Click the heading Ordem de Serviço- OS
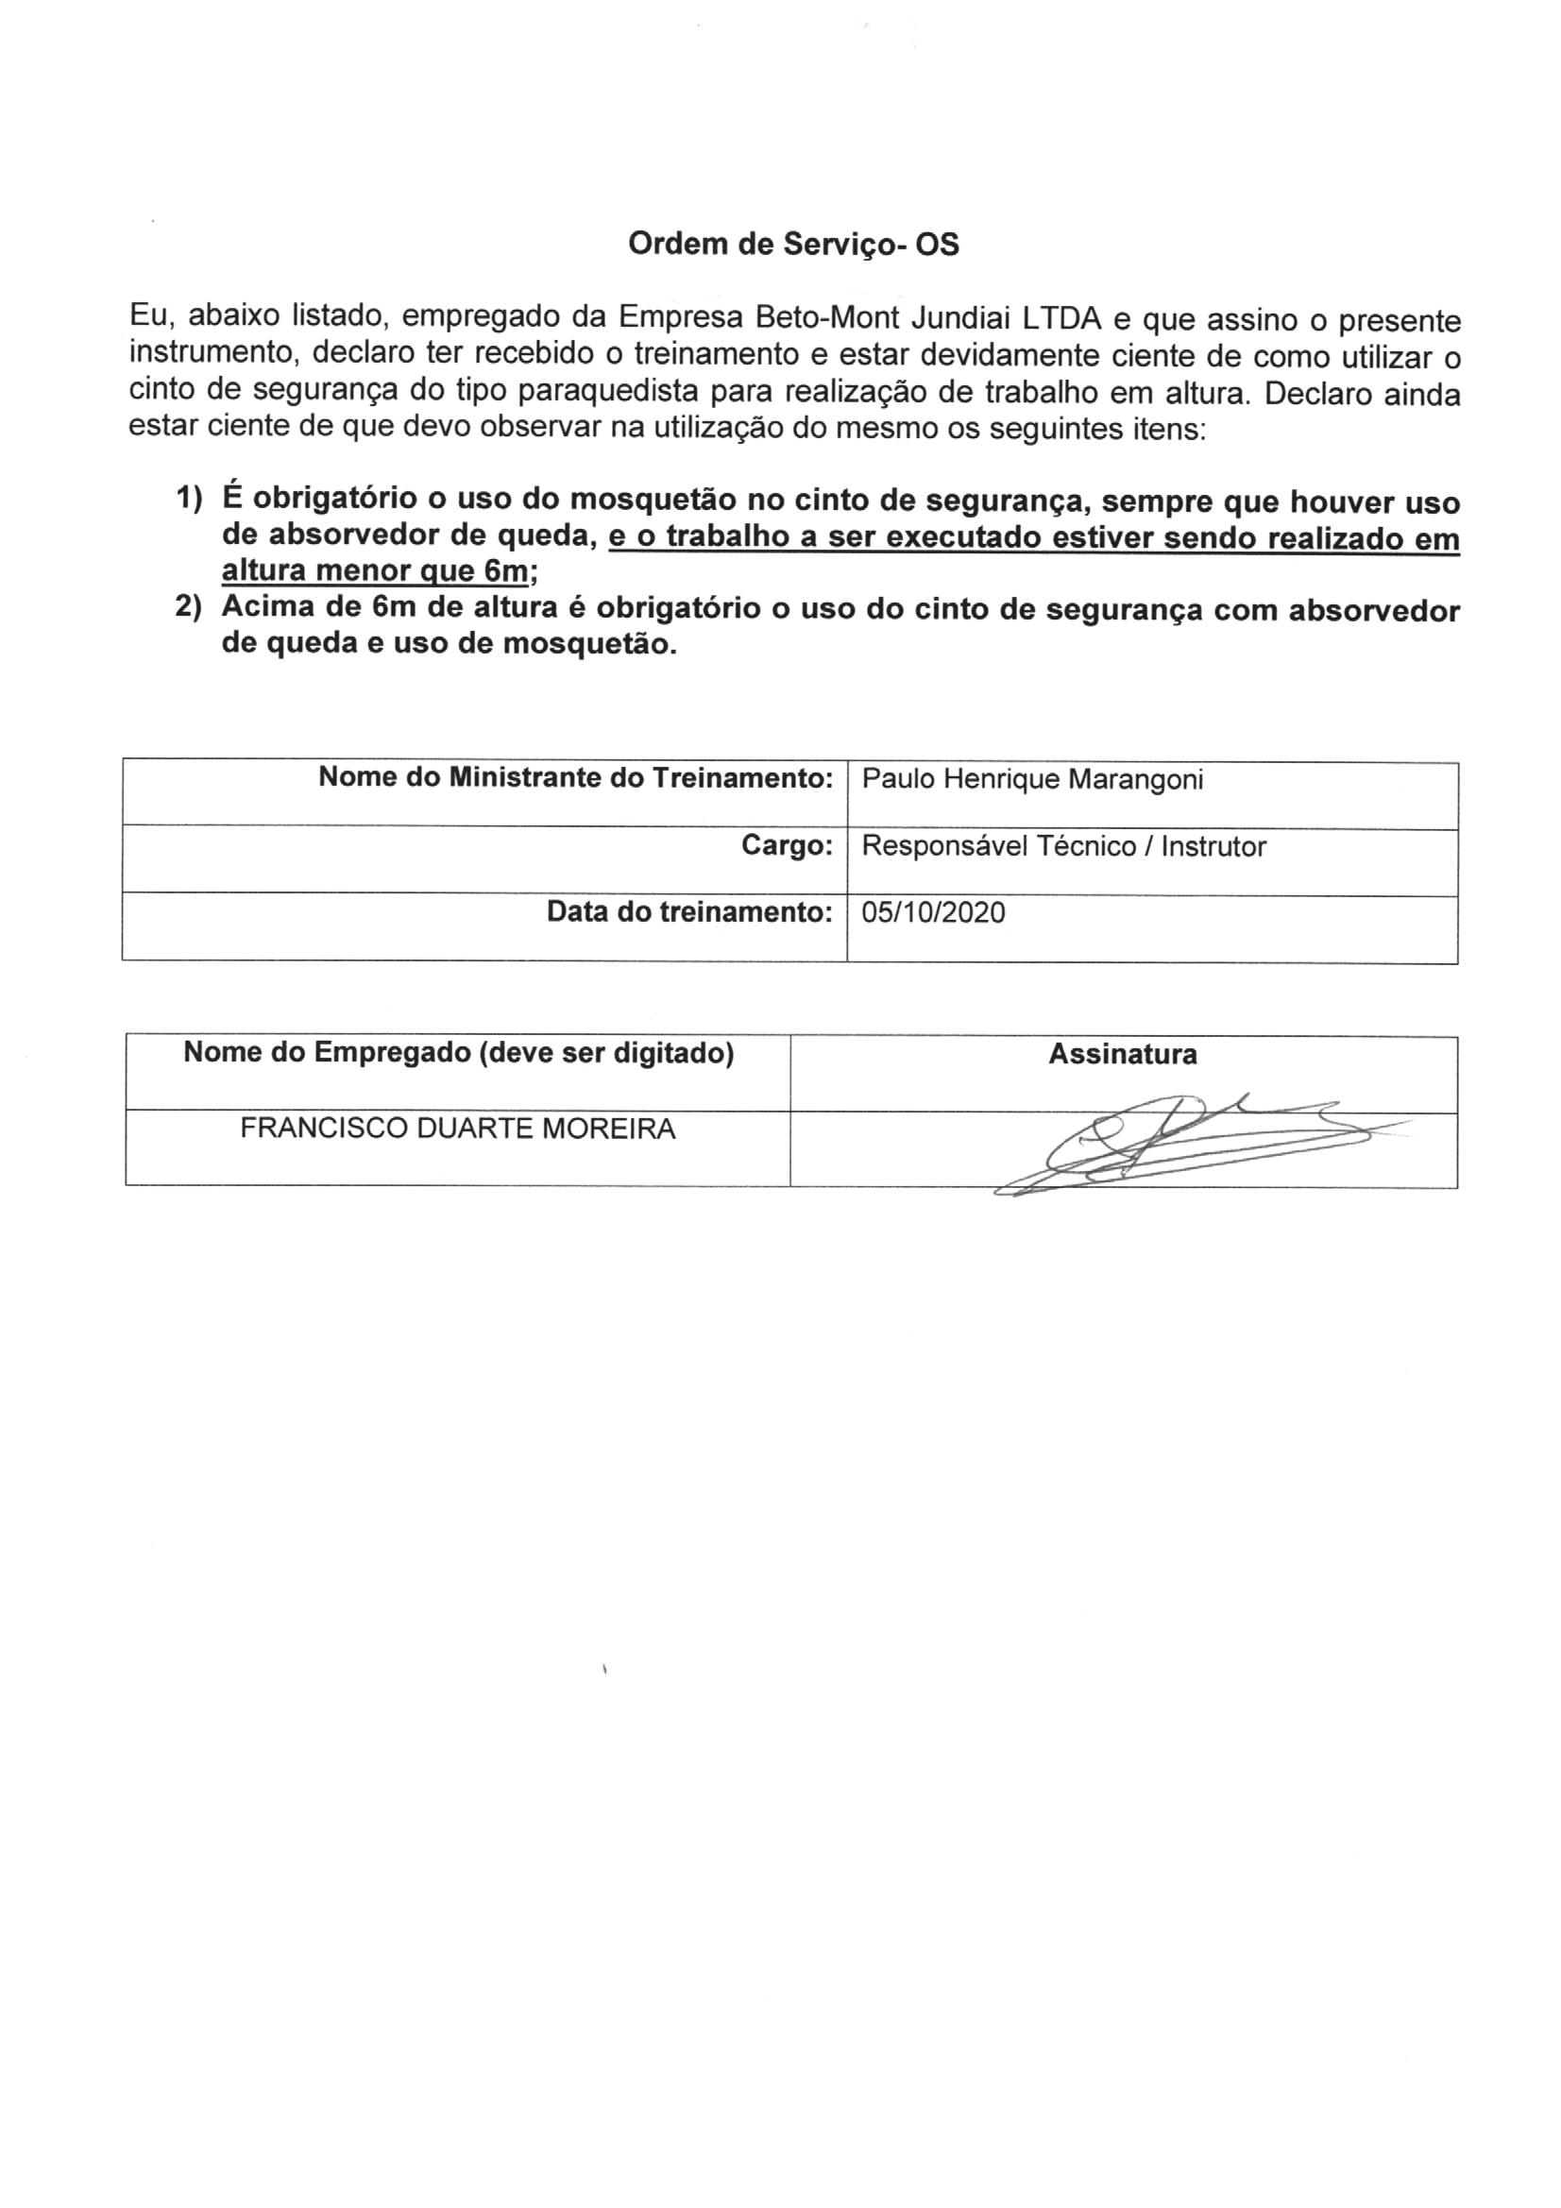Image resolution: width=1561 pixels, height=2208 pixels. click(793, 246)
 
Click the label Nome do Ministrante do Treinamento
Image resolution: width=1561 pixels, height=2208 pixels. click(575, 777)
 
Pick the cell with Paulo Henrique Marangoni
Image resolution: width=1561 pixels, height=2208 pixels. click(1032, 779)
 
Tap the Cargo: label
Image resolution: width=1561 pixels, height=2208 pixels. click(786, 845)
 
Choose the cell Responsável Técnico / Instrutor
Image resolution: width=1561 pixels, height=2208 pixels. click(1063, 846)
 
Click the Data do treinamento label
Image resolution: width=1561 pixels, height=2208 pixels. click(688, 911)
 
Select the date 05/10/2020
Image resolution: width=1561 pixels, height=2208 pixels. click(933, 912)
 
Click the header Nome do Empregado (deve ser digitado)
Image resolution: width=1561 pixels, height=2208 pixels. click(459, 1053)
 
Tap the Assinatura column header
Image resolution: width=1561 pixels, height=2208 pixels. click(1123, 1055)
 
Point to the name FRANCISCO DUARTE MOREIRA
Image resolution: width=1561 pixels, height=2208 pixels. click(458, 1128)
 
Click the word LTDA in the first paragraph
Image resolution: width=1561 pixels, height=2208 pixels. click(1060, 317)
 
